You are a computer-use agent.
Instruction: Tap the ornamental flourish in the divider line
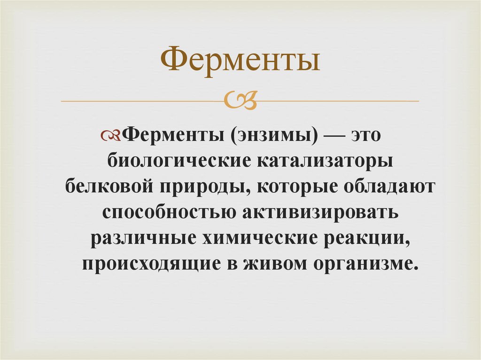pos(240,100)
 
